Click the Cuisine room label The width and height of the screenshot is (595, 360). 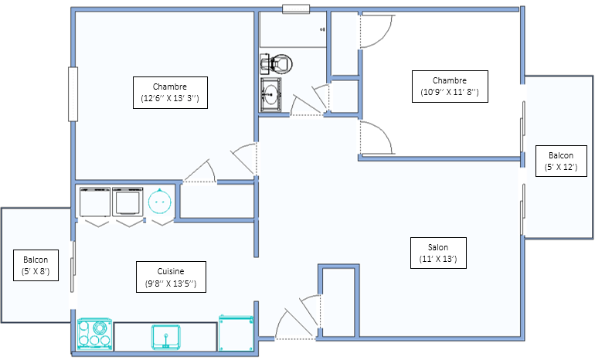coord(171,277)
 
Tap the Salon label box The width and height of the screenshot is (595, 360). coord(438,253)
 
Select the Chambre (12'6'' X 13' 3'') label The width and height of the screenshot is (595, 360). coord(170,93)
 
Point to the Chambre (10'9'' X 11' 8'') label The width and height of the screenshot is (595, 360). coord(450,87)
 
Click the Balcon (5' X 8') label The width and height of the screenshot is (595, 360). coord(36,265)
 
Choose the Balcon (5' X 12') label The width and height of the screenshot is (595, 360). coord(561,161)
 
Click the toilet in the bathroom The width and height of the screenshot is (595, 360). coord(277,63)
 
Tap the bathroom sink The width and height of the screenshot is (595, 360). coord(270,95)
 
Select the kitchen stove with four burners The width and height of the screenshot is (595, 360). coord(95,335)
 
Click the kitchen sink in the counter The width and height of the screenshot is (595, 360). coord(166,337)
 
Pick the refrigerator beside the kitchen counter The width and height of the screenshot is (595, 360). coord(236,333)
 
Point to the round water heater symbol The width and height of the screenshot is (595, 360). coord(159,202)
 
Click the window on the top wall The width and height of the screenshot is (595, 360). coord(296,9)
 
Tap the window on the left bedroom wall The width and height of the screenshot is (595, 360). coord(73,94)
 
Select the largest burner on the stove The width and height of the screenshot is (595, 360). coord(100,327)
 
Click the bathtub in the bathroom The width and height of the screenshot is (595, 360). coord(293,29)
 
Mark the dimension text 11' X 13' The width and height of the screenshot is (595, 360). coord(438,259)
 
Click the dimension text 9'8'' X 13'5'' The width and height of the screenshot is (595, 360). coord(171,284)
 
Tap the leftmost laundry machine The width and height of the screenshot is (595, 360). coord(95,202)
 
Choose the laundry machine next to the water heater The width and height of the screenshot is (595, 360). coord(127,202)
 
